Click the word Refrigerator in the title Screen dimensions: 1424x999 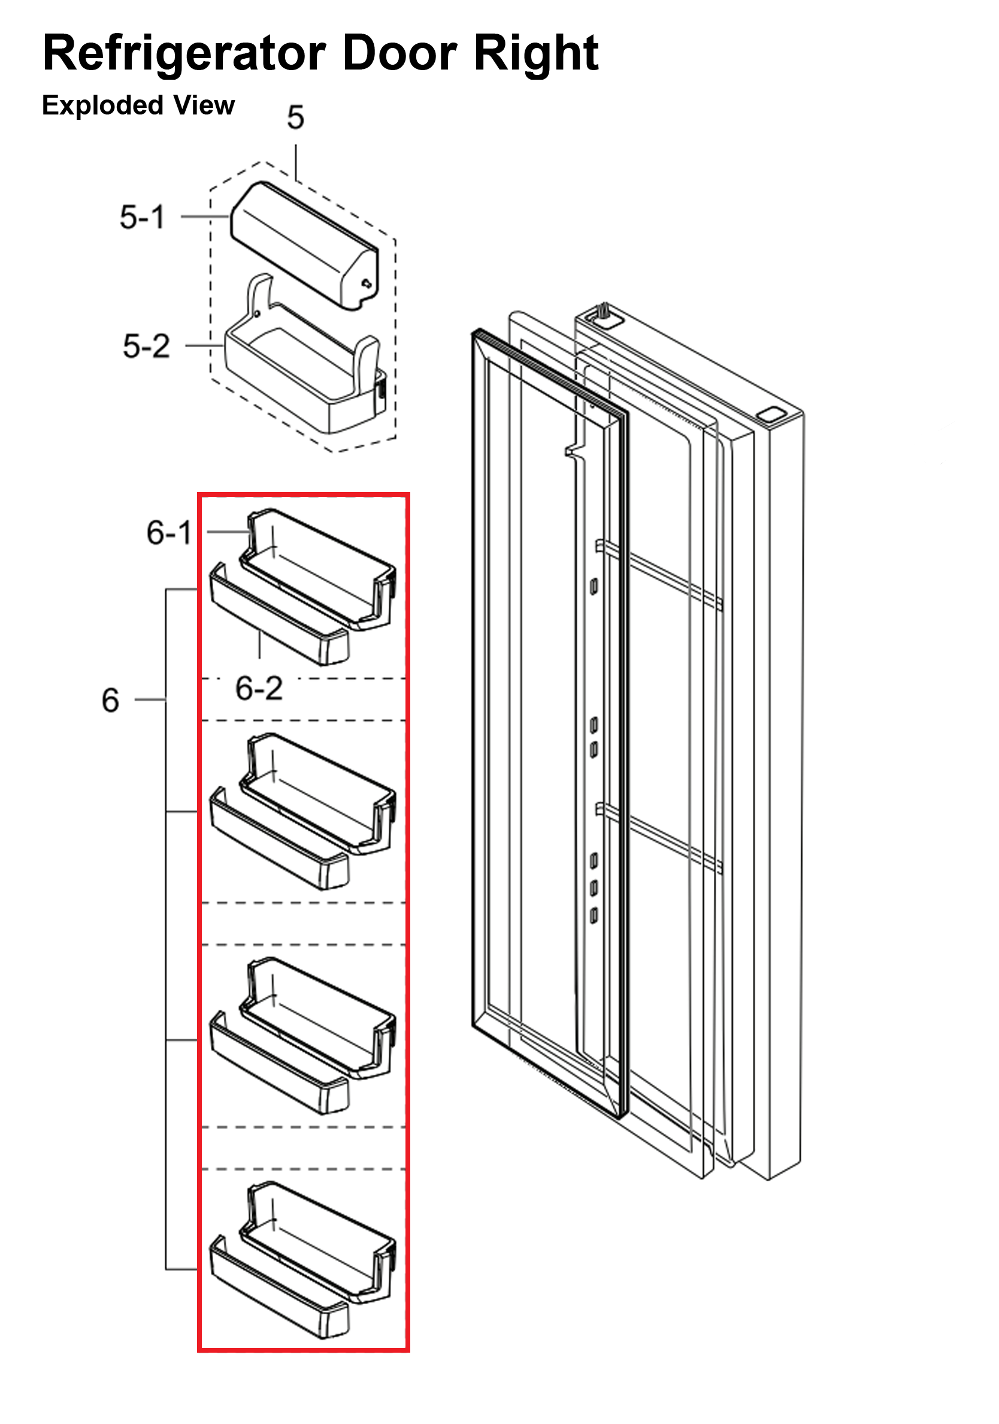(184, 53)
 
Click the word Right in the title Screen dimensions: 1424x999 (536, 53)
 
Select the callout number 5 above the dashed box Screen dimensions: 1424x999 (296, 117)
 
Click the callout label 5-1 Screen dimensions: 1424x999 (143, 217)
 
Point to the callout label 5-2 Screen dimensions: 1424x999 (146, 346)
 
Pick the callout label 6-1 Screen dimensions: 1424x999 (168, 533)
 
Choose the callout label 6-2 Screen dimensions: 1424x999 (259, 689)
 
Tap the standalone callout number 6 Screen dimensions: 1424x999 (110, 700)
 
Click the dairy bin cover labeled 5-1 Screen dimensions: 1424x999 (304, 242)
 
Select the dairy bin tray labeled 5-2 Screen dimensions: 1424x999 (304, 372)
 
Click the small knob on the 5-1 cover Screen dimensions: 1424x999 (367, 283)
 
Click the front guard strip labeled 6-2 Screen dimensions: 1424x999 (279, 620)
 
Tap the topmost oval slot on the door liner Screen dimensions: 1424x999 (594, 586)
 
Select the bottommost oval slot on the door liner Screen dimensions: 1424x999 (594, 915)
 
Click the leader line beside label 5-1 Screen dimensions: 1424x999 (204, 216)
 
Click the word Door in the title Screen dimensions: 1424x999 (400, 53)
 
